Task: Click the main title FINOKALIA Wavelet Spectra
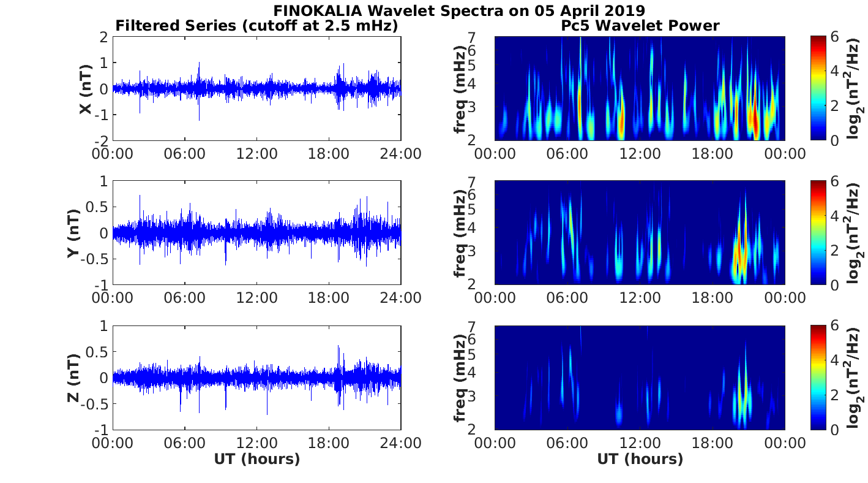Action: (x=458, y=11)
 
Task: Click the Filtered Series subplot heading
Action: (x=256, y=26)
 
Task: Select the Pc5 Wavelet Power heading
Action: (x=640, y=26)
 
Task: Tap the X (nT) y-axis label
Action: (x=86, y=89)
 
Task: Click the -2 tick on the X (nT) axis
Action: (x=100, y=141)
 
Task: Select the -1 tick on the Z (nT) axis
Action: (x=100, y=429)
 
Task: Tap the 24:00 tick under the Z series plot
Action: (x=401, y=441)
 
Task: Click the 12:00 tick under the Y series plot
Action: (x=256, y=297)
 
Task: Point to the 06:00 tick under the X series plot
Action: (x=184, y=153)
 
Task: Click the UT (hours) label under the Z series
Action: (x=256, y=459)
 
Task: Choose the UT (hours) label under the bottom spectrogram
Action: (x=640, y=459)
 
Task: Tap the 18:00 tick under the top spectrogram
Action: (x=712, y=153)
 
